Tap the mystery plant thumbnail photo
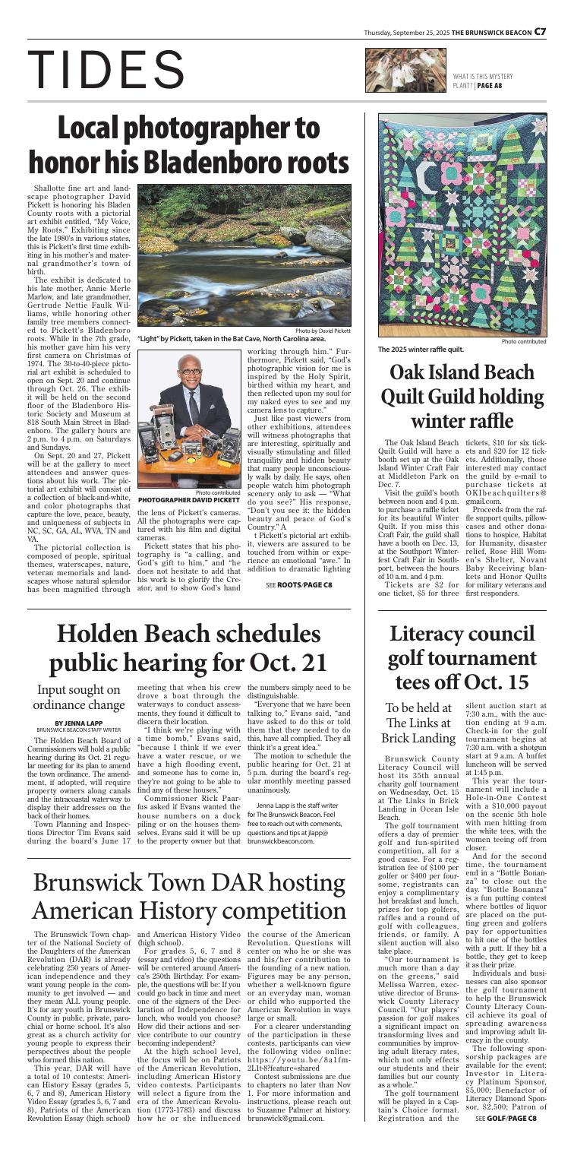coord(403,72)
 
